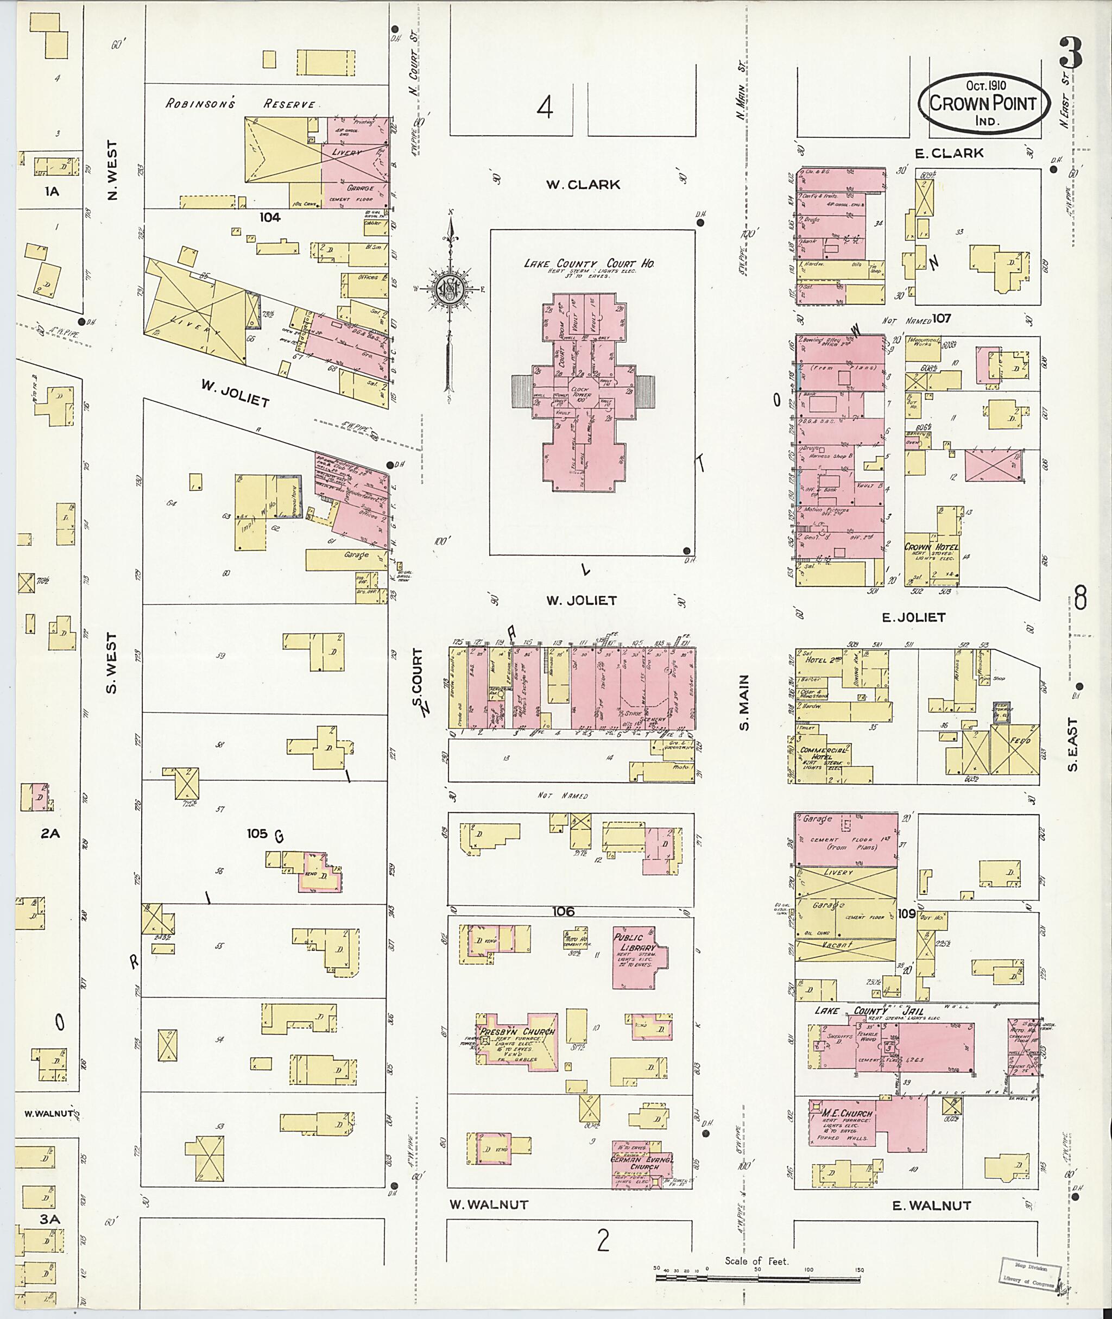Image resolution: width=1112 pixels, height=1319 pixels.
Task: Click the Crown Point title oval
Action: tap(983, 103)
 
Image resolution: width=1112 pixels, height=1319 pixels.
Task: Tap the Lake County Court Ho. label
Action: tap(589, 263)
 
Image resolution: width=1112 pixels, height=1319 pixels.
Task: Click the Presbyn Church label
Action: tap(517, 1032)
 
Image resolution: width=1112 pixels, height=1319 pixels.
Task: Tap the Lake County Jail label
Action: tap(870, 1011)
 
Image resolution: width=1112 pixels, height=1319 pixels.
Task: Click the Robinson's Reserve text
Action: tap(239, 103)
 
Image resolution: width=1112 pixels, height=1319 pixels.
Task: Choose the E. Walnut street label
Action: tap(932, 1206)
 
